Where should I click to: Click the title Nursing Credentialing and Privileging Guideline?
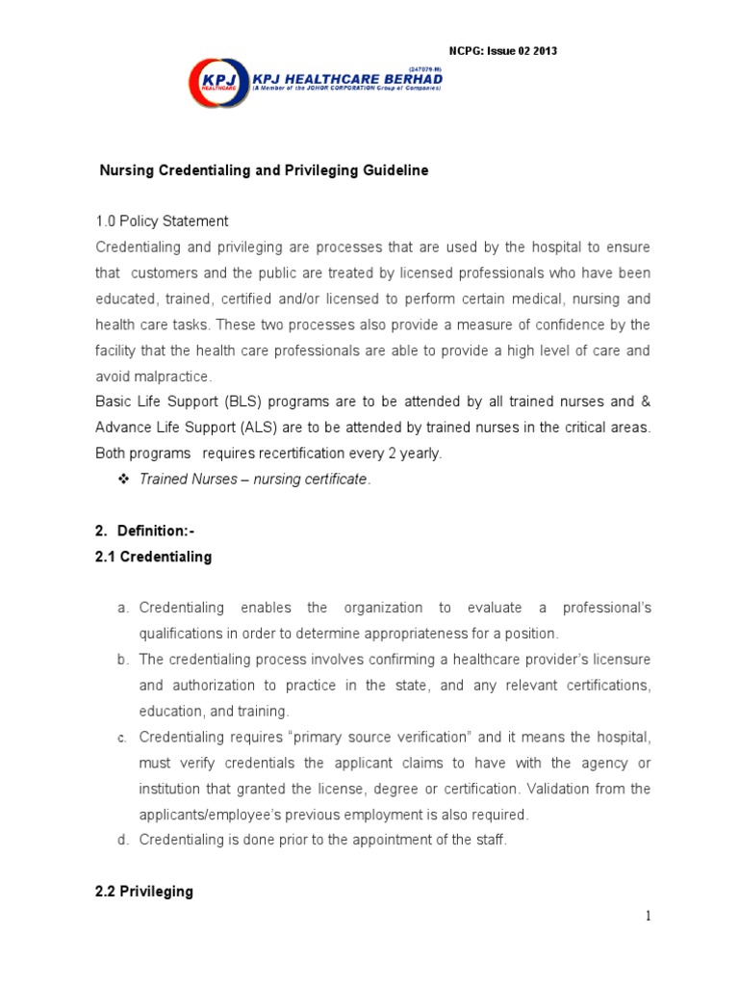point(265,170)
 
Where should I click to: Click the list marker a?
point(122,609)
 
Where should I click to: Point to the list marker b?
point(122,660)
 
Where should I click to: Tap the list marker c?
point(122,738)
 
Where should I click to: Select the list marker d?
point(122,840)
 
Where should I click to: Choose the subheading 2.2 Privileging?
point(144,892)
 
